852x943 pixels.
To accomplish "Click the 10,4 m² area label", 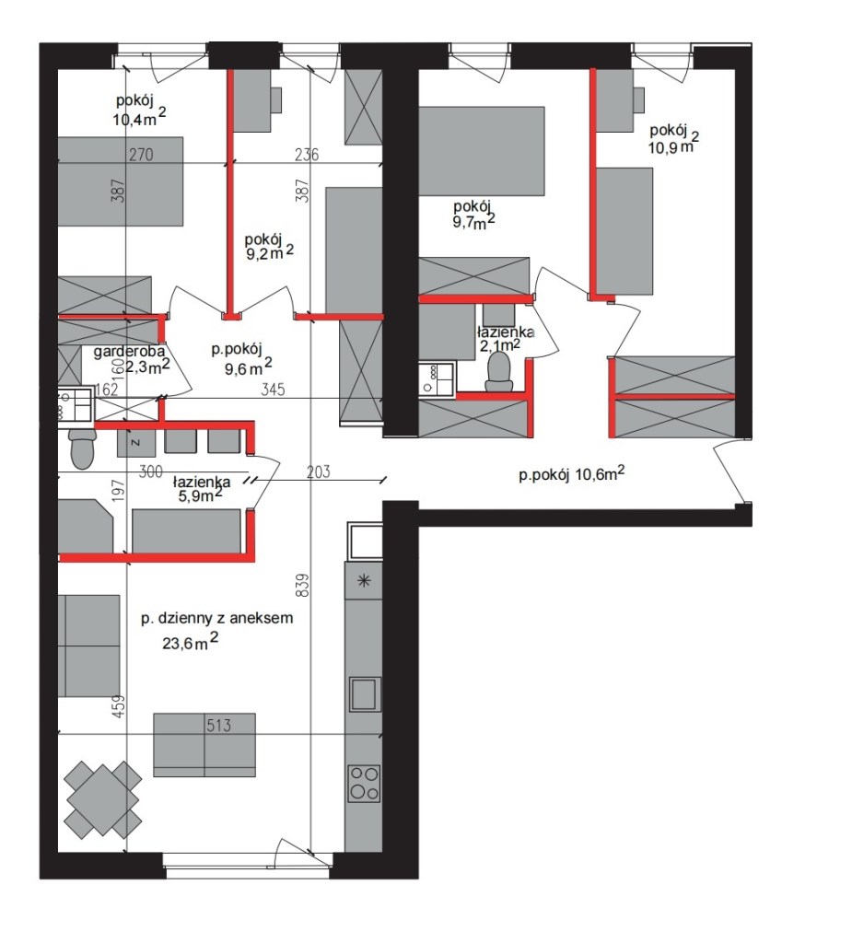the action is pyautogui.click(x=139, y=117).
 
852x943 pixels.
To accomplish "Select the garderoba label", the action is pyautogui.click(x=129, y=351).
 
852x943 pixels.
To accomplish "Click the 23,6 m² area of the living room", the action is pyautogui.click(x=190, y=641).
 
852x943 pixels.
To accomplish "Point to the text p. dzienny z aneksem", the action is pyautogui.click(x=217, y=618).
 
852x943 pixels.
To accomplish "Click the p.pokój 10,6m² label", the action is pyautogui.click(x=571, y=474).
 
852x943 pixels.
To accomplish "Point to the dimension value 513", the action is pyautogui.click(x=218, y=726).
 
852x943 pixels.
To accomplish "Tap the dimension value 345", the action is pyautogui.click(x=273, y=390).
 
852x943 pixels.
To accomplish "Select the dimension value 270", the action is pyautogui.click(x=142, y=155).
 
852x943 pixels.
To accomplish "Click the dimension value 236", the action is pyautogui.click(x=307, y=155).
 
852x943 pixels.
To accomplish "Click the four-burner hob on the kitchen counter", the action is pyautogui.click(x=364, y=784).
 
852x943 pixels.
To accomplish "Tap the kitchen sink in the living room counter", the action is pyautogui.click(x=365, y=694).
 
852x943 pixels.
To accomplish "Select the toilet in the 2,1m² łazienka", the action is pyautogui.click(x=499, y=371).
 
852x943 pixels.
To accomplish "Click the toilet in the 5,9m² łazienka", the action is pyautogui.click(x=82, y=448).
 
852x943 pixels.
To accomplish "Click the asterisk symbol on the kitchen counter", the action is pyautogui.click(x=364, y=581).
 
